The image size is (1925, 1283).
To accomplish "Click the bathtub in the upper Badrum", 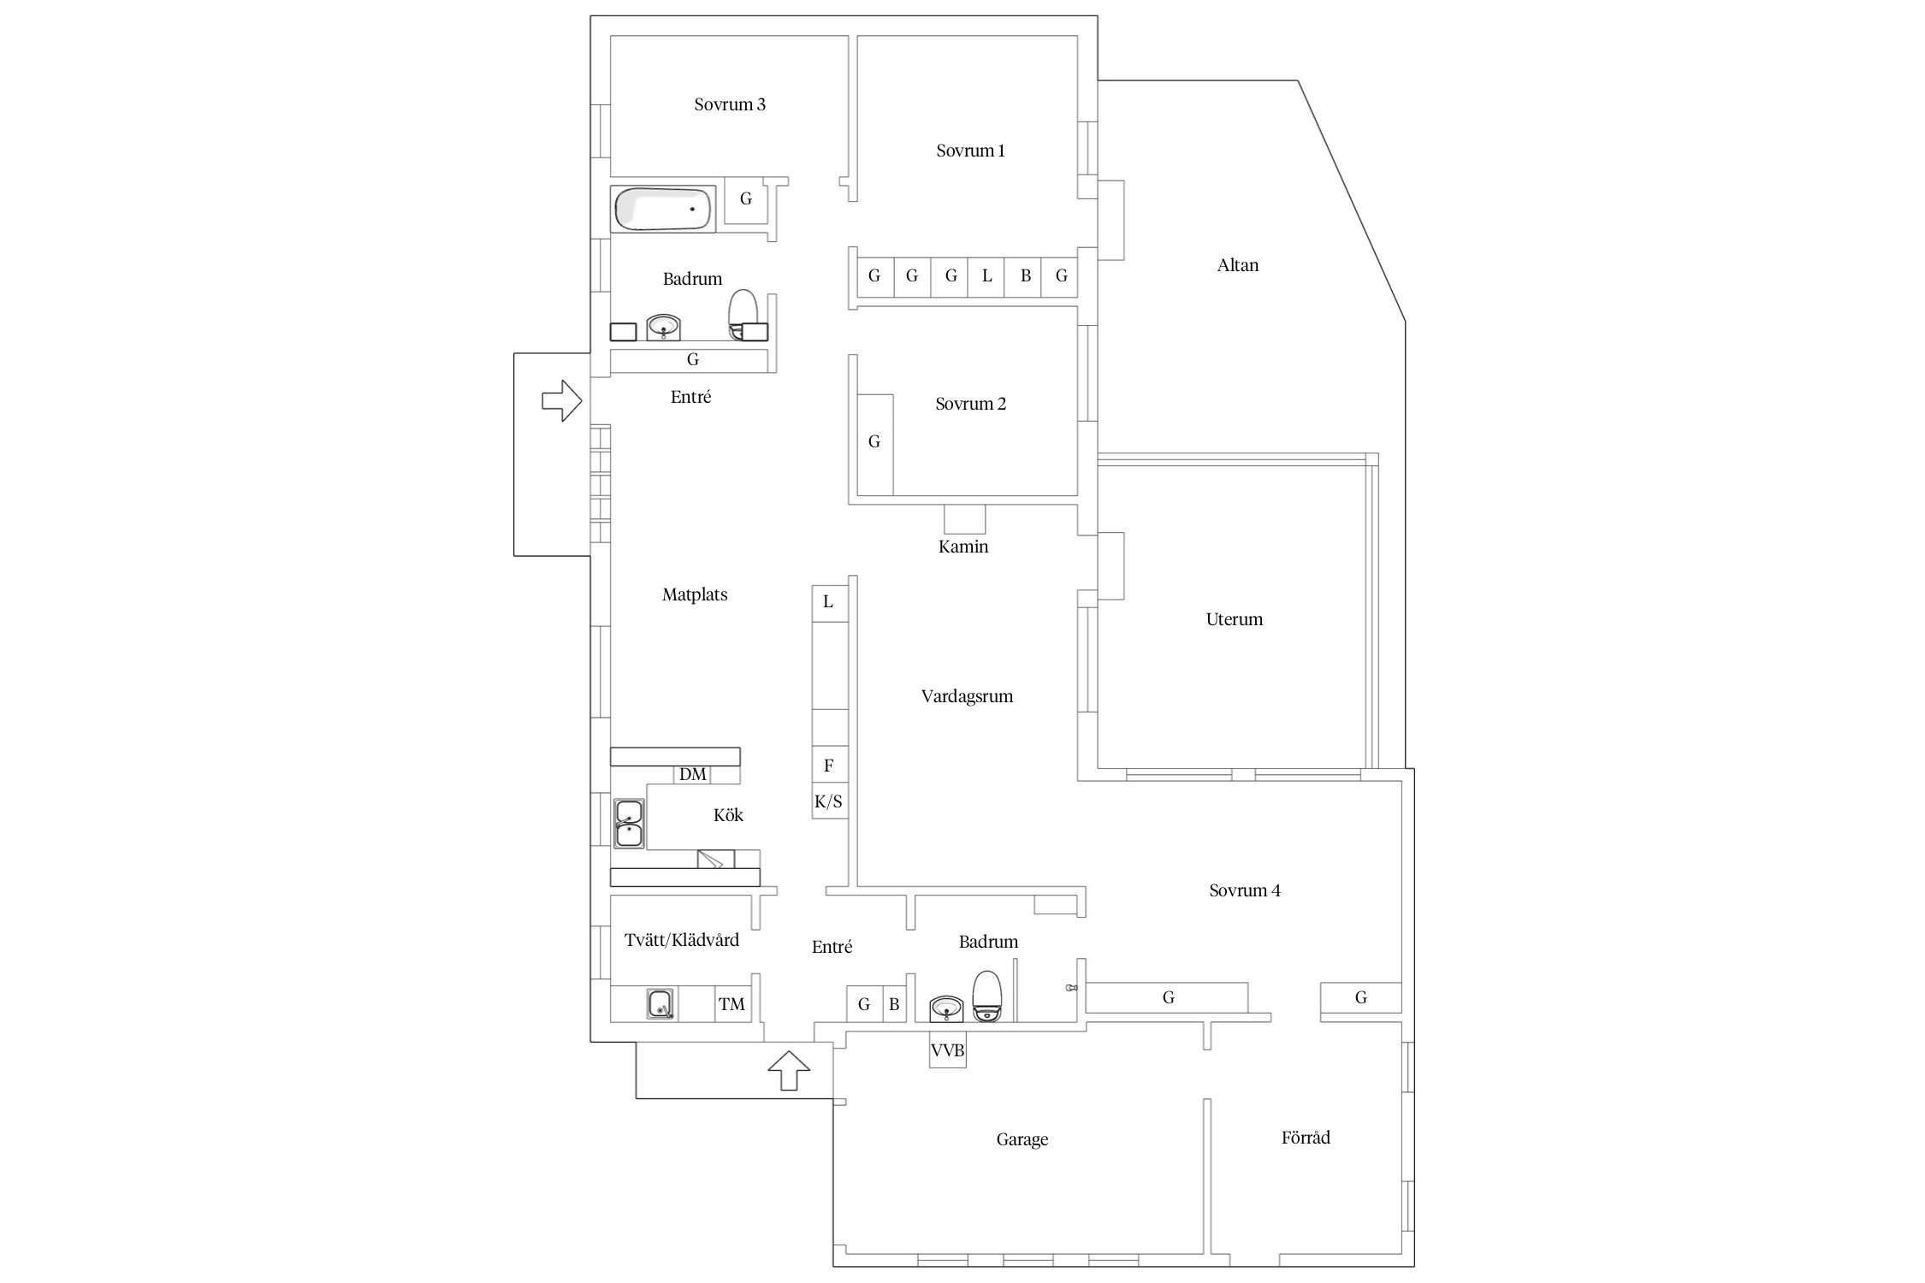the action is pyautogui.click(x=664, y=210).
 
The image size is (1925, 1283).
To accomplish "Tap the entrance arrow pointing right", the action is pyautogui.click(x=562, y=400).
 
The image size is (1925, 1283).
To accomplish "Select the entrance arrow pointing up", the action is pyautogui.click(x=789, y=1070).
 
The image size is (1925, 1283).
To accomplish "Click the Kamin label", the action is pyautogui.click(x=963, y=547).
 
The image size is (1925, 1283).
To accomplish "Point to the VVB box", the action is pyautogui.click(x=948, y=1050).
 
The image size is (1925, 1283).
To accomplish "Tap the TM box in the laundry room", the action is pyautogui.click(x=732, y=1003).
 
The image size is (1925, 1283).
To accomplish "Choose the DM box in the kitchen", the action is pyautogui.click(x=693, y=775).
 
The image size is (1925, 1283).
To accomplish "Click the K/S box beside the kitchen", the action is pyautogui.click(x=829, y=801).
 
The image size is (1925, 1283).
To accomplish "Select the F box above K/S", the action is pyautogui.click(x=829, y=765).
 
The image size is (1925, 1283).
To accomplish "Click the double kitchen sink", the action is pyautogui.click(x=630, y=824).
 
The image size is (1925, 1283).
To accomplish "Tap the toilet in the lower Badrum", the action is pyautogui.click(x=987, y=996).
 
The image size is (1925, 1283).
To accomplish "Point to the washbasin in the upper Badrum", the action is pyautogui.click(x=663, y=327).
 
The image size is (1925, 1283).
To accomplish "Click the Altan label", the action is pyautogui.click(x=1238, y=265).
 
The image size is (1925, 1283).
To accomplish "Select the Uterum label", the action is pyautogui.click(x=1235, y=619).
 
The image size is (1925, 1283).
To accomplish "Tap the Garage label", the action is pyautogui.click(x=1022, y=1139).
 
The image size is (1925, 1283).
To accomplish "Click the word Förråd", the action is pyautogui.click(x=1306, y=1137).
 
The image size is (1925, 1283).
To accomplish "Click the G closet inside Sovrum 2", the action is pyautogui.click(x=875, y=444).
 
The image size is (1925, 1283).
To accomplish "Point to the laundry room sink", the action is pyautogui.click(x=660, y=1003).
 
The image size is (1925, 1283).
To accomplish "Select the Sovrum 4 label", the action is pyautogui.click(x=1245, y=890).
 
